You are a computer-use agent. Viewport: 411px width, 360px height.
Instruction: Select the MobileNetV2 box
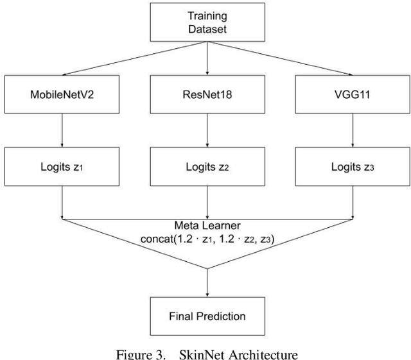click(61, 94)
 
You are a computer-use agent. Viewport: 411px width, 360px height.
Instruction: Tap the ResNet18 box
click(206, 94)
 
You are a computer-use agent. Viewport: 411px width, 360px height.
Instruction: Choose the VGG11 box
click(351, 94)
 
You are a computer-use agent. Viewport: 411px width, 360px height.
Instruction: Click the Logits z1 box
click(61, 167)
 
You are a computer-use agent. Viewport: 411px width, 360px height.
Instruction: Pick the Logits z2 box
click(206, 167)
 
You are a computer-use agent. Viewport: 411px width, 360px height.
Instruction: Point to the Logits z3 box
click(351, 167)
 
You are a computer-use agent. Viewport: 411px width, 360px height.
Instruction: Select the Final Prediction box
click(206, 316)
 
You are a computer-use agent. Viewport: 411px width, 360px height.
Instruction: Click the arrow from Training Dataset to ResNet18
click(206, 58)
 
